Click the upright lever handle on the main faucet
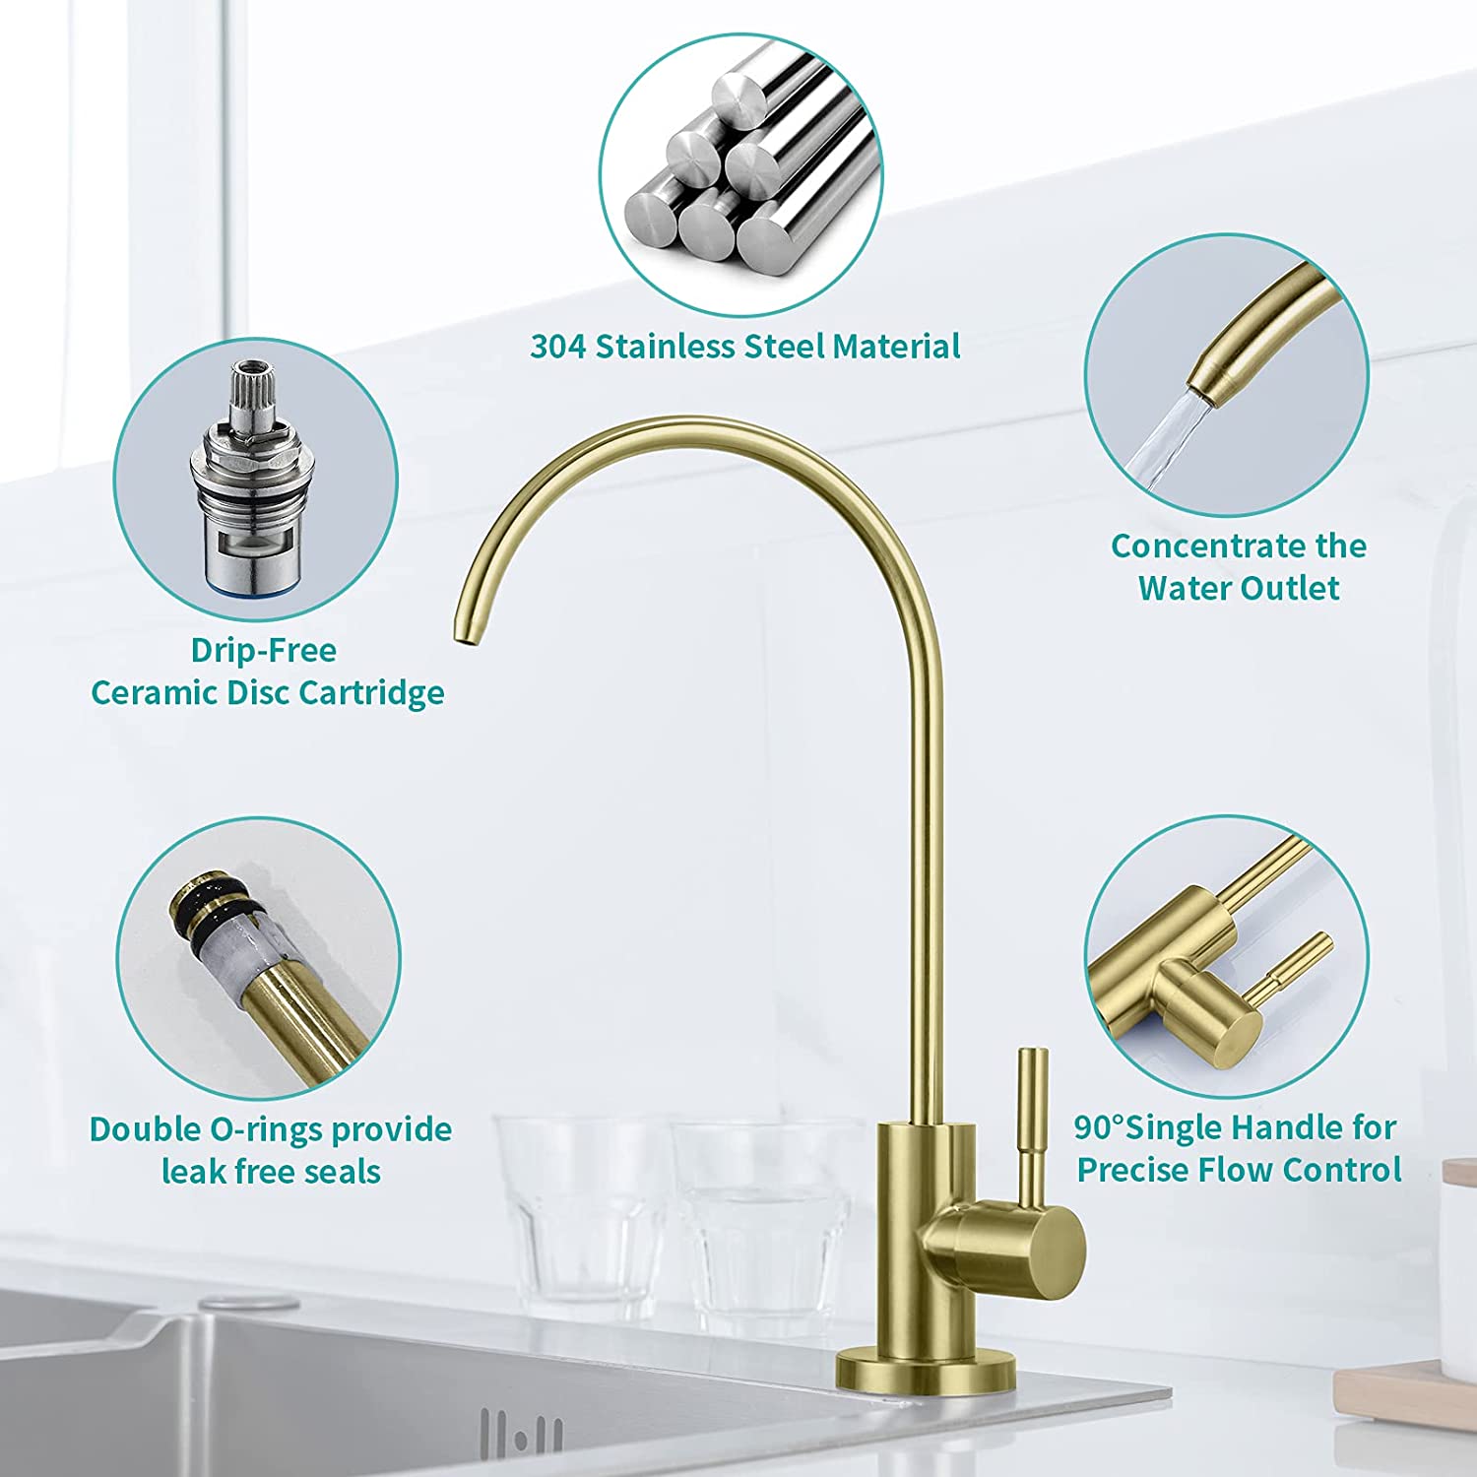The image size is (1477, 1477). pyautogui.click(x=1032, y=1124)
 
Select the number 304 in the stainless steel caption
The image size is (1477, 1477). pyautogui.click(x=558, y=347)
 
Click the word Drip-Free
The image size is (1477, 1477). pyautogui.click(x=264, y=650)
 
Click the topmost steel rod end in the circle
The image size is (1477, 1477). pyautogui.click(x=745, y=95)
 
